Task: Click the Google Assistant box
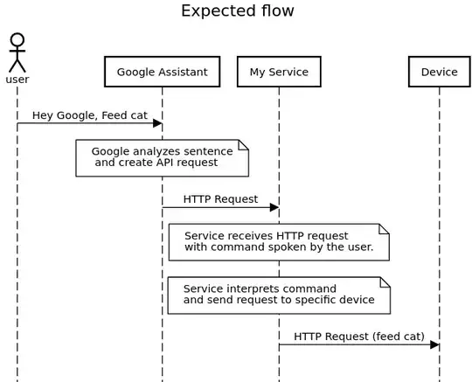point(162,72)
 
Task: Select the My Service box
point(279,72)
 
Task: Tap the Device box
point(439,72)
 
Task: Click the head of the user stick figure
point(17,40)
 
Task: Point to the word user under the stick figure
point(17,80)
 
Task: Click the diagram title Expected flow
point(237,11)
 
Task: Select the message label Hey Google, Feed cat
point(84,115)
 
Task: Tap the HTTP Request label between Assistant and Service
point(220,198)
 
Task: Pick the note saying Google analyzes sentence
point(162,157)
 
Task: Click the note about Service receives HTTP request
point(278,242)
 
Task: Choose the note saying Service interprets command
point(278,295)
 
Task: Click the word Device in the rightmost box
point(439,72)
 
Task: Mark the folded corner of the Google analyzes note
point(244,144)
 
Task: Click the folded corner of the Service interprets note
point(384,281)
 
